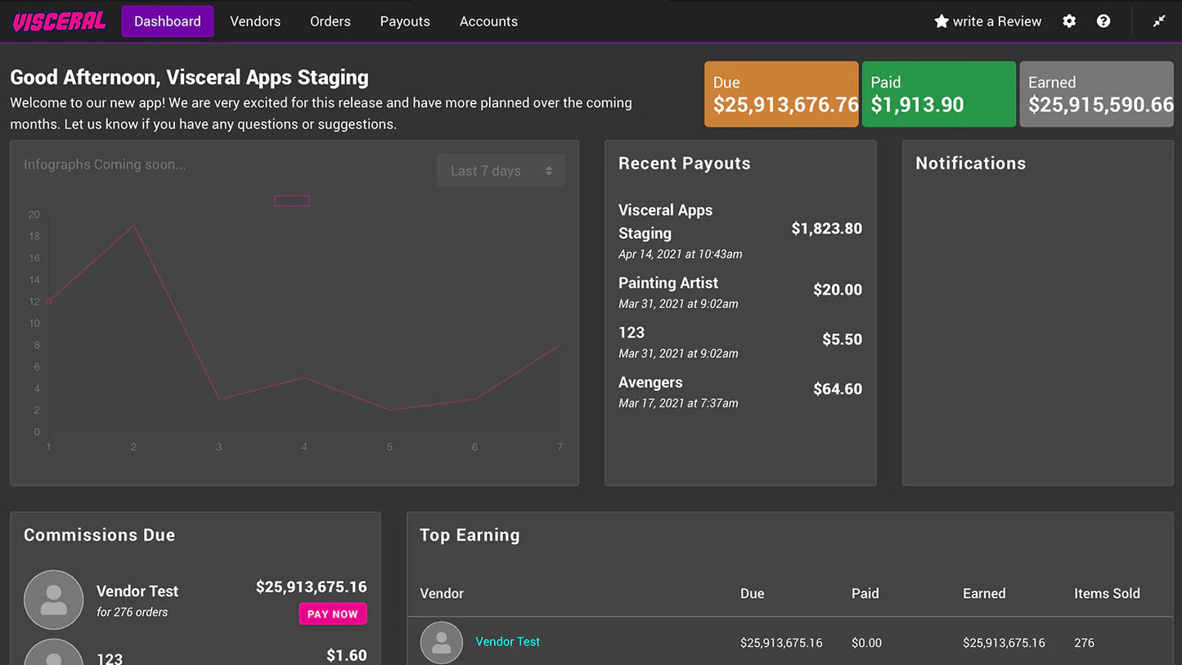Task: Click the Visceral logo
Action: [59, 22]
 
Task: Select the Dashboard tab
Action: [168, 21]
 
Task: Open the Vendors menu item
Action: [255, 21]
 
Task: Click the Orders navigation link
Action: [330, 21]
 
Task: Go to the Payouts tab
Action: [405, 21]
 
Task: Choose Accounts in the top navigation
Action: [488, 21]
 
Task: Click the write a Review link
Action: [988, 21]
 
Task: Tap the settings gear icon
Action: [1069, 21]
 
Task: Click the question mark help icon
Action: [1103, 21]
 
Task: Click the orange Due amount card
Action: [781, 94]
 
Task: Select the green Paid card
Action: [938, 94]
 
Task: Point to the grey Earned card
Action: [1096, 94]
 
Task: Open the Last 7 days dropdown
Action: [501, 171]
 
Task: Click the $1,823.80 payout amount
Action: [826, 229]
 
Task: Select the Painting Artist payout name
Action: [668, 283]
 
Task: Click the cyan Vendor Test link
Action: [507, 642]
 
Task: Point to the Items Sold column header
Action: [1107, 594]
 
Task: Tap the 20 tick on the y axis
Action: [34, 215]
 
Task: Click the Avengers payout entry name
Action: [650, 383]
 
